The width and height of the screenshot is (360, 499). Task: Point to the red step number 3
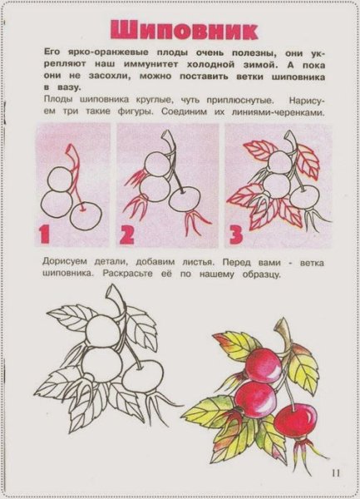[x=235, y=234]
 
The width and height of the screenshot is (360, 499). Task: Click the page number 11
[x=335, y=473]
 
